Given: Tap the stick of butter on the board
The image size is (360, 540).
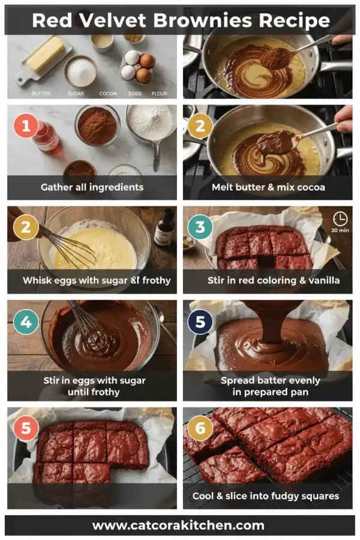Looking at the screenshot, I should [x=45, y=54].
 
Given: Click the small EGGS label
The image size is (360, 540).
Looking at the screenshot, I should [x=135, y=94].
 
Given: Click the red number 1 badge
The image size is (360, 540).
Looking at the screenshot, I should [x=26, y=127].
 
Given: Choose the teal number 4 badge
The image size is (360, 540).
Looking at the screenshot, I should [x=26, y=322].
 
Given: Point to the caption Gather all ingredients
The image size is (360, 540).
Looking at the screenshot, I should [x=92, y=187].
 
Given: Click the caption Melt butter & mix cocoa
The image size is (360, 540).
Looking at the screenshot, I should [x=268, y=187].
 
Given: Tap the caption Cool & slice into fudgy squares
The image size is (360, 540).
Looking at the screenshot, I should [x=265, y=496].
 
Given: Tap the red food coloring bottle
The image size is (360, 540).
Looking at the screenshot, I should [x=47, y=138].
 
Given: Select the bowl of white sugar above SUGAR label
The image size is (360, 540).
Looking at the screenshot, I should [x=80, y=72].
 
